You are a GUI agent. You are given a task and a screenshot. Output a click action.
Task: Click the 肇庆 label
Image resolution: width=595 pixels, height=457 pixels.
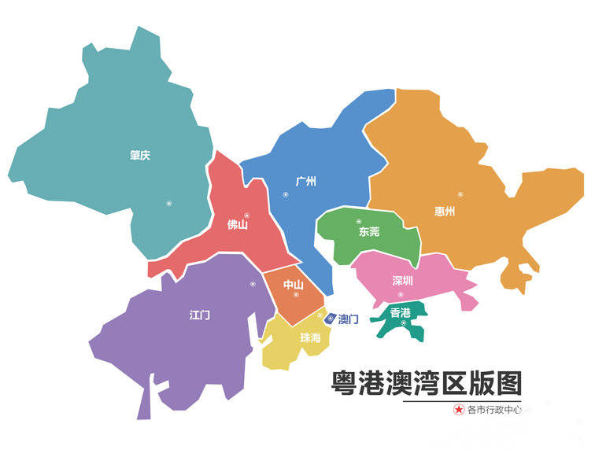tap(140, 156)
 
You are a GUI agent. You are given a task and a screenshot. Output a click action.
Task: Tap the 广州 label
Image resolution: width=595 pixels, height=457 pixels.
tap(305, 182)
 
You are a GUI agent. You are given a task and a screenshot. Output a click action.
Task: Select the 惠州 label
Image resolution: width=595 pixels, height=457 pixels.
tap(445, 211)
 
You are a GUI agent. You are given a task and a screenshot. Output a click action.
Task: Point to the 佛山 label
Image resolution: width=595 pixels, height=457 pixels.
tap(237, 226)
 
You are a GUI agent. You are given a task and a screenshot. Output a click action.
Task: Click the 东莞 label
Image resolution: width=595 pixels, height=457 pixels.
tap(369, 232)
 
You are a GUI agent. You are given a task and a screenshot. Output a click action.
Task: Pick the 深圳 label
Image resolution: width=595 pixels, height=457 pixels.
tap(402, 281)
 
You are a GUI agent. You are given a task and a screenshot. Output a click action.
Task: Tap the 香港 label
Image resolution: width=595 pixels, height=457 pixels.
tap(401, 313)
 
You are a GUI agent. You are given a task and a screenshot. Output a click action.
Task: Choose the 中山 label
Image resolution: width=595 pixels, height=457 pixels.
tap(293, 285)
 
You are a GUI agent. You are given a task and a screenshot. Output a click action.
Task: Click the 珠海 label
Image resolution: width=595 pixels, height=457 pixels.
tap(310, 337)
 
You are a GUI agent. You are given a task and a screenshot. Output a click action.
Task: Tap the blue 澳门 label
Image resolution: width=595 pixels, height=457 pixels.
tap(349, 319)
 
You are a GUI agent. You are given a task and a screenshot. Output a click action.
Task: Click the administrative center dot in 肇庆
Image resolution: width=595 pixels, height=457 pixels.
tap(168, 204)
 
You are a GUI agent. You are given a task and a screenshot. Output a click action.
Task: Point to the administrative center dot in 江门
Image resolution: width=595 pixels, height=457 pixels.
tap(253, 284)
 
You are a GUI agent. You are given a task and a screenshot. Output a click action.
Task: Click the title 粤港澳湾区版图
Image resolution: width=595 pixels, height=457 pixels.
tap(426, 384)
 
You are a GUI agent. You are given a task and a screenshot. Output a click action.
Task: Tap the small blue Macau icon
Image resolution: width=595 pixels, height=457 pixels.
tap(331, 317)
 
